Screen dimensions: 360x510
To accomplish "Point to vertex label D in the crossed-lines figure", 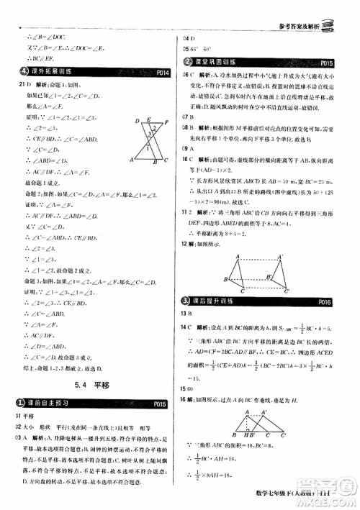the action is click(x=137, y=120).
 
